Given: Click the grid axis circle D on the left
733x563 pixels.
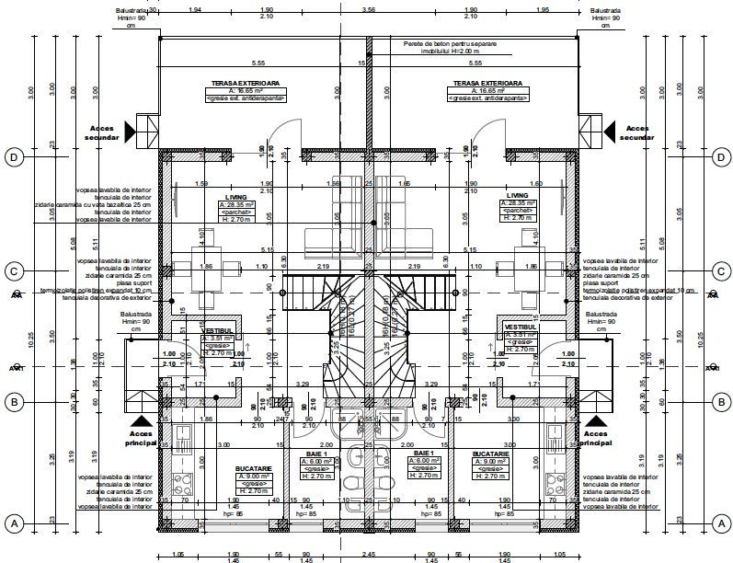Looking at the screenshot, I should click(14, 156).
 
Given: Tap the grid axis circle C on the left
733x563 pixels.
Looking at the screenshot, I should click(14, 271).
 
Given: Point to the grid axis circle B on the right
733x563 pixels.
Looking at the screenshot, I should click(719, 401).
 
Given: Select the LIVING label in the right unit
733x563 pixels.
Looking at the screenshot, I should click(517, 196).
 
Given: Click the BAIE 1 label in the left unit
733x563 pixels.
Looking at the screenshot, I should click(318, 454).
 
